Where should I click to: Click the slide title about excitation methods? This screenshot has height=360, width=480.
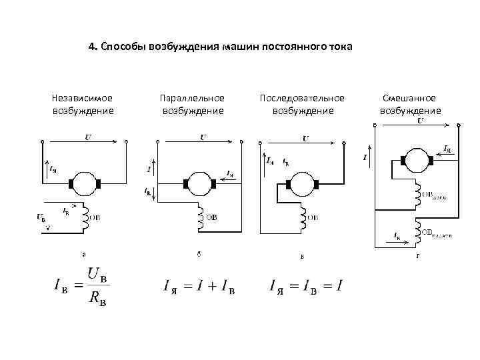tap(221, 48)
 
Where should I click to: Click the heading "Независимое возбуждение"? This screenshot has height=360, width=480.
tap(83, 104)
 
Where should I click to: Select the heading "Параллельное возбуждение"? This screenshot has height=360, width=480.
tap(193, 104)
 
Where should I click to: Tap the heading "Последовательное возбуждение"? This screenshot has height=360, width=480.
tap(302, 104)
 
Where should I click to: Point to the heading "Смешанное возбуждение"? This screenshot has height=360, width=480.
tap(410, 104)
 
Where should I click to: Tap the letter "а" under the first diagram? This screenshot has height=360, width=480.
tap(83, 253)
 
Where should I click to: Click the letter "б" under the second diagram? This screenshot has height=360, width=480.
tap(199, 253)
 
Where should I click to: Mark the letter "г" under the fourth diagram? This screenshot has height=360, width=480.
tap(419, 255)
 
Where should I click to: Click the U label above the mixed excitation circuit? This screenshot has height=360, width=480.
tap(421, 121)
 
